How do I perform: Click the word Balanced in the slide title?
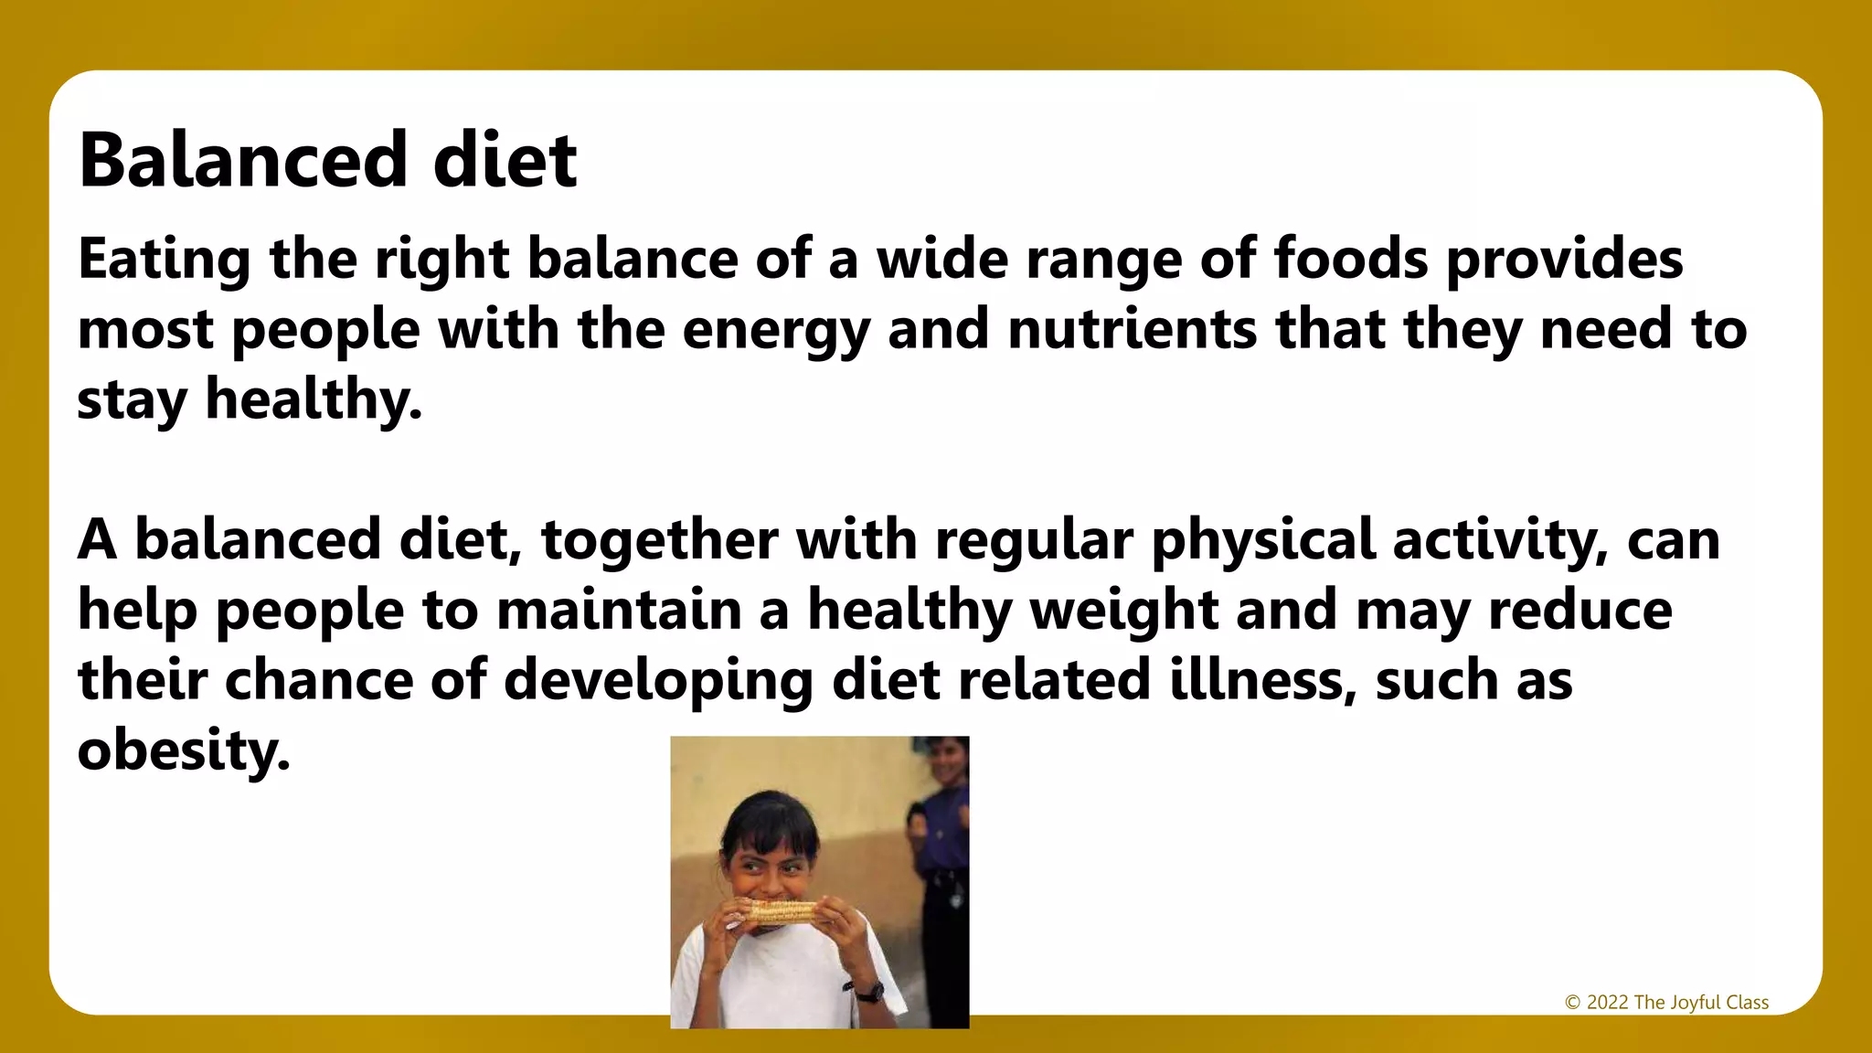(x=242, y=161)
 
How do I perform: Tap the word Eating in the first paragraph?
(x=164, y=260)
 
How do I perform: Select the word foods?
(x=1350, y=258)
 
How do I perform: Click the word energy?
(x=776, y=331)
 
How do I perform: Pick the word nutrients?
(x=1133, y=329)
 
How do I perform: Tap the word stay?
(x=132, y=400)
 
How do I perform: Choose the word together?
(x=660, y=539)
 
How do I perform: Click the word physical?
(x=1263, y=539)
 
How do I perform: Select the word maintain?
(x=619, y=610)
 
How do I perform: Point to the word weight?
(x=1124, y=610)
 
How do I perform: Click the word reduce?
(x=1580, y=610)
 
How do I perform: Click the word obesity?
(x=184, y=750)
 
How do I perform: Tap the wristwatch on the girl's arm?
(x=869, y=991)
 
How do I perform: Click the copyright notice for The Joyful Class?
(x=1666, y=1002)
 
